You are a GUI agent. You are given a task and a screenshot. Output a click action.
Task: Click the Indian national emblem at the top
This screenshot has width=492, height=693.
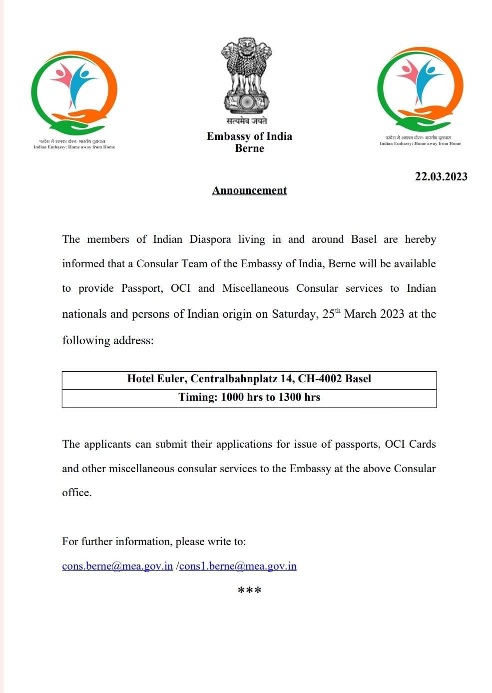click(x=246, y=75)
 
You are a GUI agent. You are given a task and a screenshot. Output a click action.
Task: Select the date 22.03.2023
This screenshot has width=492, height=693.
click(x=441, y=176)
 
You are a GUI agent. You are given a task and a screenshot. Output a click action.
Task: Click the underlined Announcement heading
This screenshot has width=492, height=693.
click(x=249, y=190)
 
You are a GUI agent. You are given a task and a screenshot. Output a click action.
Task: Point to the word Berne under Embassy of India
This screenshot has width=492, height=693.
click(x=249, y=148)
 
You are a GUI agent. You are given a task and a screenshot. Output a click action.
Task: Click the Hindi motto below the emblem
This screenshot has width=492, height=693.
click(x=247, y=121)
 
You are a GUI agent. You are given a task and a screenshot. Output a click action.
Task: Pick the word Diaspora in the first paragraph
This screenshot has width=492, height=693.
click(x=210, y=239)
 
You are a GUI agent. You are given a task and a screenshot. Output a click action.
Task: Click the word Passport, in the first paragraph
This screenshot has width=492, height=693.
click(x=142, y=288)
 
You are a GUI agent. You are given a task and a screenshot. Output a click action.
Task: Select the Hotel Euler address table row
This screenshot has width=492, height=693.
click(x=249, y=379)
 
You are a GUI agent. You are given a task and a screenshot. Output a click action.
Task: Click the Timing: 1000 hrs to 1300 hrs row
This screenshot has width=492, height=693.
click(x=249, y=397)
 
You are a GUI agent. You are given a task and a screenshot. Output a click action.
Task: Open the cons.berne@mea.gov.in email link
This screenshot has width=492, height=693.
click(x=117, y=566)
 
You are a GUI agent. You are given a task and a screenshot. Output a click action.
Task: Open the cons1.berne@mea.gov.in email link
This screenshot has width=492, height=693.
click(x=238, y=566)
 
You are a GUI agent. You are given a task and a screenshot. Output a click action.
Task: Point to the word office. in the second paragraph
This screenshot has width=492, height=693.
click(x=77, y=493)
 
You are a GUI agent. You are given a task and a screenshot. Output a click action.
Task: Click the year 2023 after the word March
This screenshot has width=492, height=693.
click(x=392, y=314)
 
